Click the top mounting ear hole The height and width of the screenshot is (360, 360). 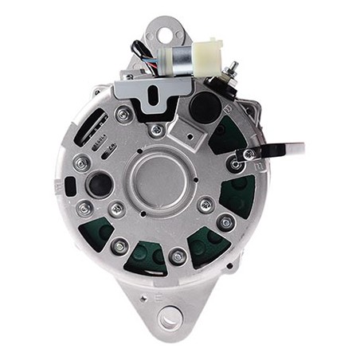click(x=165, y=35)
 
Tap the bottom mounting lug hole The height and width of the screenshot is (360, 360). click(x=168, y=319)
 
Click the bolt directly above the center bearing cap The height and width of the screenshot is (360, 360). click(x=158, y=130)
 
